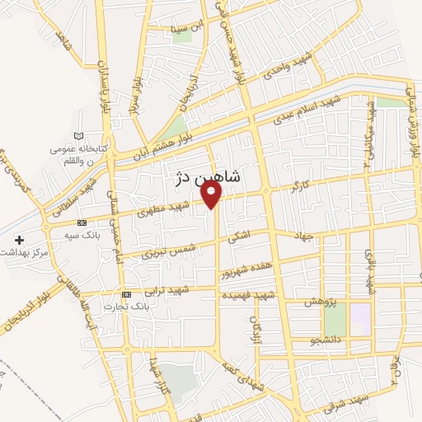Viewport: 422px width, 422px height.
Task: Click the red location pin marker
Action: tap(213, 195)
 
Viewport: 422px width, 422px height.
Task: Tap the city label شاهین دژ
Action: tap(209, 176)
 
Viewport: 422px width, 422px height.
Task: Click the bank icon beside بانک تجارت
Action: tap(126, 294)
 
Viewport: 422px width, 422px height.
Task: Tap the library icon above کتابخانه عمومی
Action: tap(78, 135)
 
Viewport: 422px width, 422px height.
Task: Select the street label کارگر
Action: tap(295, 189)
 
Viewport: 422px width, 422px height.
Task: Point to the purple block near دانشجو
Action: tap(360, 319)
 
